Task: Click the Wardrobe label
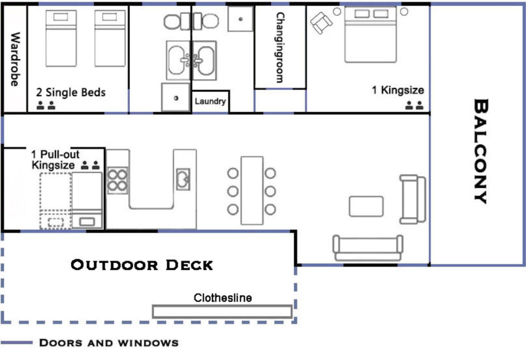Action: (x=15, y=59)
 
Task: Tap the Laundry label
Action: (x=210, y=101)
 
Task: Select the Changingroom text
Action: (x=280, y=47)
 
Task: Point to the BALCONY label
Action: (x=481, y=151)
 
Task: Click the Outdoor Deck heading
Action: (x=142, y=265)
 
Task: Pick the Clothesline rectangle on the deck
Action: (x=222, y=311)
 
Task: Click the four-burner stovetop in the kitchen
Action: (x=117, y=180)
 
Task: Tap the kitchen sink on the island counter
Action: (x=183, y=179)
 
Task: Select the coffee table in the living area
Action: (x=366, y=206)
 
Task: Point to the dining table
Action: (x=252, y=191)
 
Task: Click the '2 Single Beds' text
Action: (x=71, y=92)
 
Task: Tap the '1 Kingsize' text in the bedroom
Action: (x=398, y=90)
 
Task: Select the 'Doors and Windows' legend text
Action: (x=109, y=343)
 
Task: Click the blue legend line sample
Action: (x=17, y=343)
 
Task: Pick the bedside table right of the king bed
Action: (x=404, y=11)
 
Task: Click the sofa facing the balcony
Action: (x=413, y=199)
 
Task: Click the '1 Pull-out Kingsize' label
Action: (x=56, y=160)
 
